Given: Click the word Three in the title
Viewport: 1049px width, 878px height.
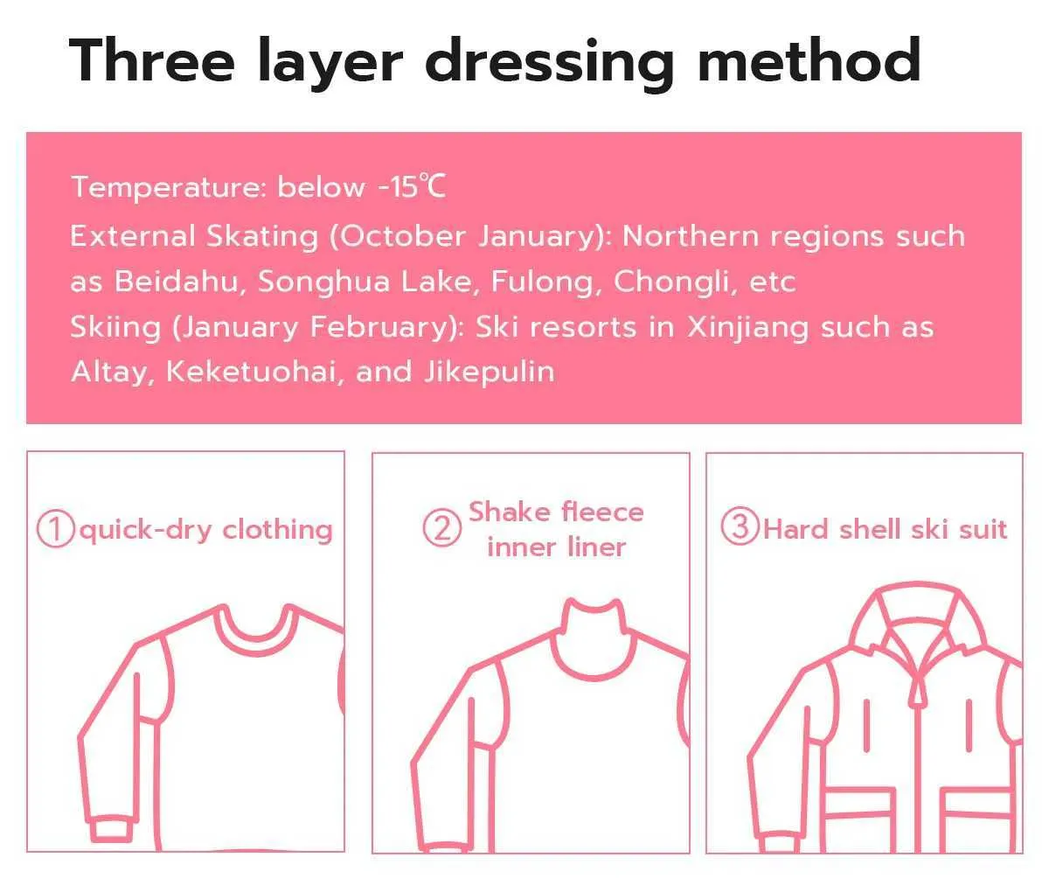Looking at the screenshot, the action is click(x=152, y=59).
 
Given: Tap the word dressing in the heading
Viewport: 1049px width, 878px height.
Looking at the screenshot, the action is click(x=550, y=65).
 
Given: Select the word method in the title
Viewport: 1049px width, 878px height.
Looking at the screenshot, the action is click(x=809, y=59).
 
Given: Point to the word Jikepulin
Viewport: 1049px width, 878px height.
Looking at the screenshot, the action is click(x=489, y=373).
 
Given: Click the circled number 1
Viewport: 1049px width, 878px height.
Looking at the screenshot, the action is click(x=56, y=530).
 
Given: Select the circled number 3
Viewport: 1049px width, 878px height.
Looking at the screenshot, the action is click(x=740, y=526).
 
